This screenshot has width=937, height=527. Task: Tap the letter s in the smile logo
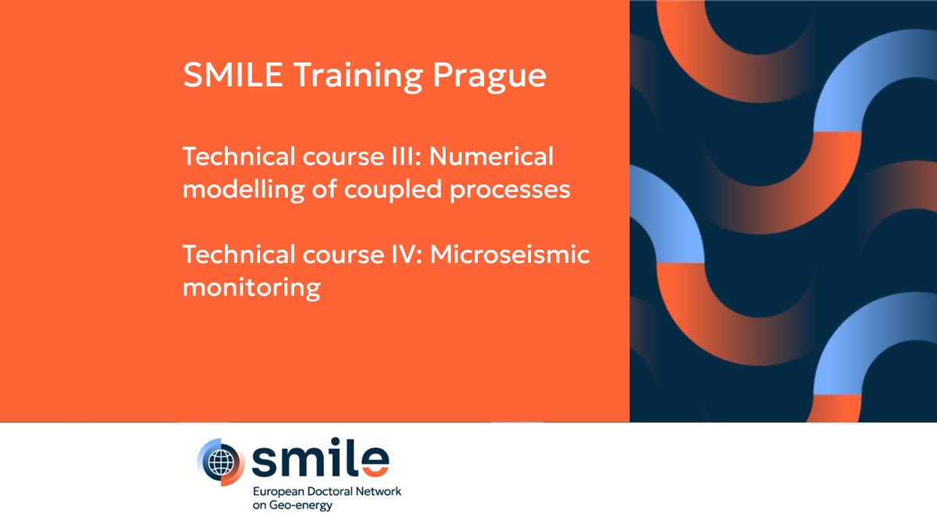[x=265, y=462]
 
